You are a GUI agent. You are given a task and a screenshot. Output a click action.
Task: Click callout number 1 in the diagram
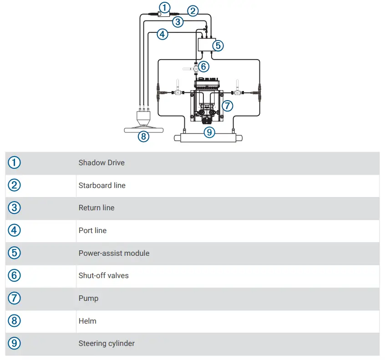tap(165, 7)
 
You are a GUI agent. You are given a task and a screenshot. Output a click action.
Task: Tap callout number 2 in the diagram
tap(193, 11)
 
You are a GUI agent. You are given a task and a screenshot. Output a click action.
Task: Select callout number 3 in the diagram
tap(178, 21)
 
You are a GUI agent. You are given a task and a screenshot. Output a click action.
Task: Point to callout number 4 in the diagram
tap(162, 34)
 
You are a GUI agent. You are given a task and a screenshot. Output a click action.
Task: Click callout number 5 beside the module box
tap(219, 46)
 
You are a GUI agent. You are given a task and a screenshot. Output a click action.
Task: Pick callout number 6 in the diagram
tap(203, 66)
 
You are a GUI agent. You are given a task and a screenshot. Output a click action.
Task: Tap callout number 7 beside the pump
tap(228, 106)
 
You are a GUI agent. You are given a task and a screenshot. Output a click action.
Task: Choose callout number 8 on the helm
tap(143, 136)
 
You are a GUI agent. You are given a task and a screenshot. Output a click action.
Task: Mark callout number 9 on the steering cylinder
tap(209, 132)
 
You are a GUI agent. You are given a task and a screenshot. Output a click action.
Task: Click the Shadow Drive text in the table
tap(101, 163)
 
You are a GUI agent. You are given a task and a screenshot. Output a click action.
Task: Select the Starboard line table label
tap(102, 185)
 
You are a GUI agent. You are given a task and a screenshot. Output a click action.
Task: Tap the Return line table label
tap(96, 208)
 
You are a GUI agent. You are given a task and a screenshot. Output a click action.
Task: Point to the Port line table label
tap(92, 230)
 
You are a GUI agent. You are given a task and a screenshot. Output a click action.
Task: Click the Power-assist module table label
tap(114, 253)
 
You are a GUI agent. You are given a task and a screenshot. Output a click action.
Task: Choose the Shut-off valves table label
tap(103, 276)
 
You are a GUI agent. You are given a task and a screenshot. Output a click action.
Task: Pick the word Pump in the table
tap(88, 298)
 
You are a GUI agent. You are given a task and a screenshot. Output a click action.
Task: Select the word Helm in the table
tap(87, 321)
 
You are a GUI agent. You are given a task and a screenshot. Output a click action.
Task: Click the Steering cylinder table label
tap(106, 343)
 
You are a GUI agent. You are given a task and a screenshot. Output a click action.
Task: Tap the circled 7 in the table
tap(14, 298)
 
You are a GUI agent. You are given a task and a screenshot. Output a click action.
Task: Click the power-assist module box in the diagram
tap(206, 44)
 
